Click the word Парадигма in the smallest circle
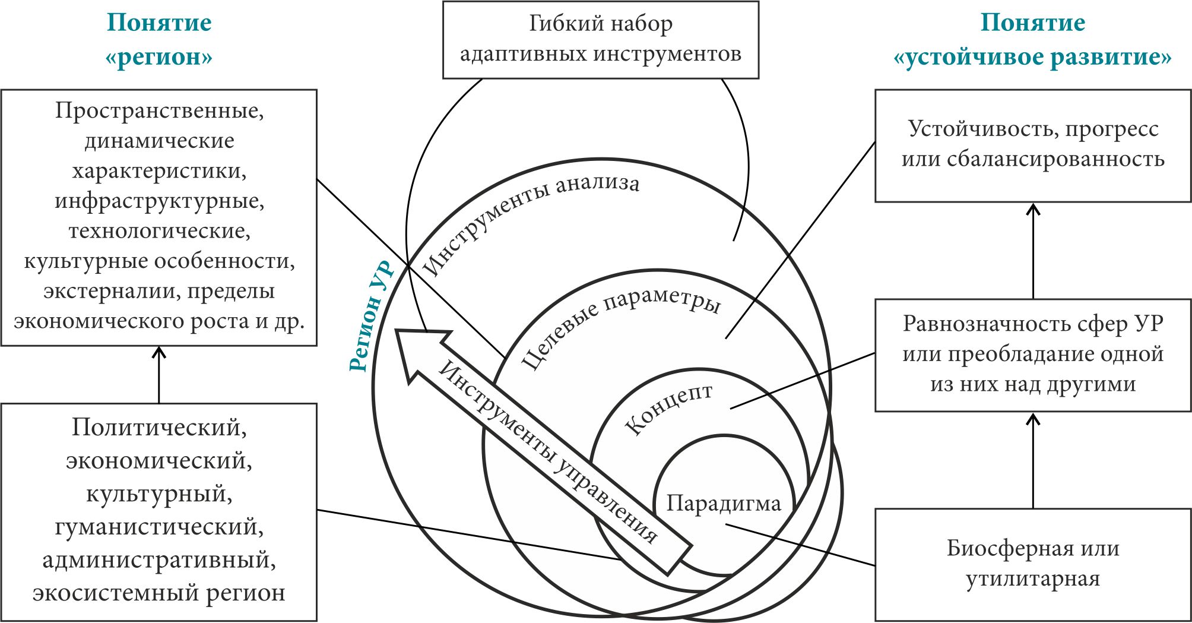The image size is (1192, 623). point(723,504)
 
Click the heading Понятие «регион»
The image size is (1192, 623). point(158,39)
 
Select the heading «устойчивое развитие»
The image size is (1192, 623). point(1032,57)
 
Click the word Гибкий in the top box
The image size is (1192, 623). point(558,24)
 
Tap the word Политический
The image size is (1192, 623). point(158,427)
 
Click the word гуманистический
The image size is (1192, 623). point(158,527)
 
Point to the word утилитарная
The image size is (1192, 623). point(1033,578)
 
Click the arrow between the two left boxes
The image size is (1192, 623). point(158,374)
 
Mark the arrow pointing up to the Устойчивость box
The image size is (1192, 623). point(1033,250)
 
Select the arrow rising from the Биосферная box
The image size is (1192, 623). point(1033,460)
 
